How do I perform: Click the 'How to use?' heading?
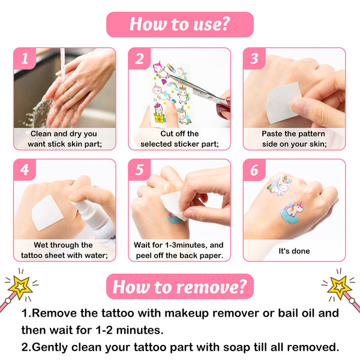(x=180, y=25)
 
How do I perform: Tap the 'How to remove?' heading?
(x=180, y=287)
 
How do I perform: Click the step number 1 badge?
(x=25, y=59)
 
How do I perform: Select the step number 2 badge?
(x=139, y=59)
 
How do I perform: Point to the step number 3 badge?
(x=254, y=59)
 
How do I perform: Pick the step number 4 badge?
(x=25, y=170)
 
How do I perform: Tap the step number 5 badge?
(x=139, y=170)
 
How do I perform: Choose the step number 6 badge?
(x=254, y=170)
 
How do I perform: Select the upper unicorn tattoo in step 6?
(x=280, y=185)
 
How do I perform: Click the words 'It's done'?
(x=294, y=251)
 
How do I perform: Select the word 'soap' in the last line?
(x=237, y=347)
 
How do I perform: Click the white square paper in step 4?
(x=47, y=213)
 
